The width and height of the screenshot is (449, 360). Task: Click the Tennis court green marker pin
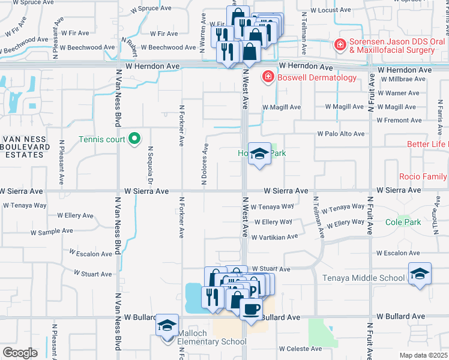pos(135,139)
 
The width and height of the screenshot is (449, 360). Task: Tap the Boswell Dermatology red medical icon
pos(267,78)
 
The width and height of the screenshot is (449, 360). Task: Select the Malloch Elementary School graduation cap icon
pos(167,325)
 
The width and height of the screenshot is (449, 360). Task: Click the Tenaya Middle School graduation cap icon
pos(420,274)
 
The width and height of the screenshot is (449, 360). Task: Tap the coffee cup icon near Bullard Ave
pos(250,309)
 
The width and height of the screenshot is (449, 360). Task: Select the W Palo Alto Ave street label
pos(341,134)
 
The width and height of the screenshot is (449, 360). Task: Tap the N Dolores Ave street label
pos(205,164)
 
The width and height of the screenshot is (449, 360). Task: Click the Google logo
pos(20,352)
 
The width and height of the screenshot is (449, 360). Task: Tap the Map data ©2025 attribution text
pos(423,355)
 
